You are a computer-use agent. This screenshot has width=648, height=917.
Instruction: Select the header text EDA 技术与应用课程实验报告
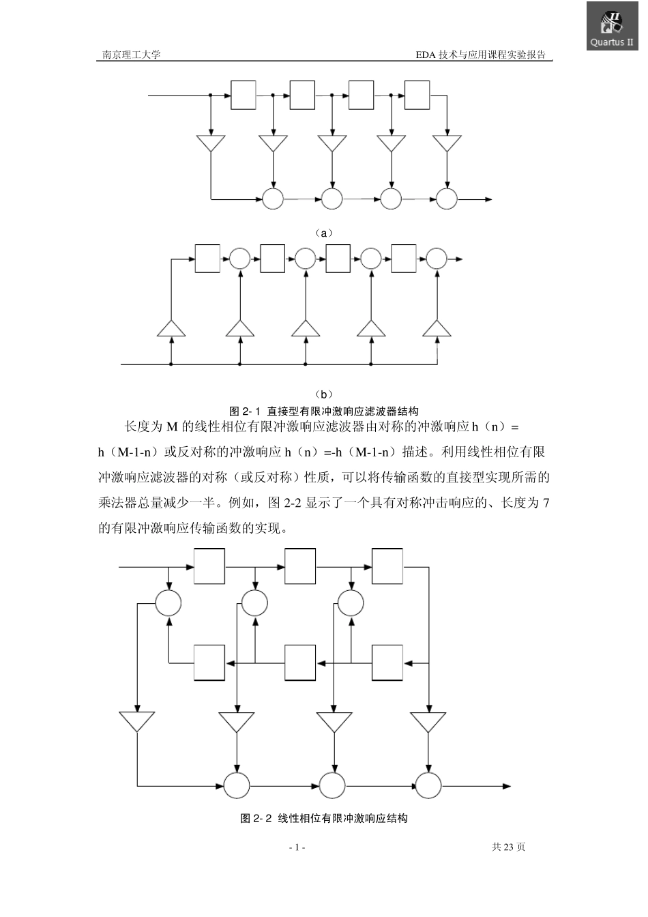click(x=481, y=55)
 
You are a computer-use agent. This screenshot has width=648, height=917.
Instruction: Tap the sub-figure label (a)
click(x=325, y=233)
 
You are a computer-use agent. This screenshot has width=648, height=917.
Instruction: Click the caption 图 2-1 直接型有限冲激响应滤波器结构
click(x=324, y=411)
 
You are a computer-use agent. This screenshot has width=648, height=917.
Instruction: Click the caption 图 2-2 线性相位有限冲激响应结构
click(x=324, y=818)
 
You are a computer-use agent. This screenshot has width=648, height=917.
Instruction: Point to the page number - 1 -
click(x=297, y=847)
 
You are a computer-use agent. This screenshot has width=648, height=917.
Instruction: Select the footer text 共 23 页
click(x=508, y=847)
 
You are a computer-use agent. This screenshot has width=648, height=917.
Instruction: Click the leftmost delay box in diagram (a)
click(x=244, y=95)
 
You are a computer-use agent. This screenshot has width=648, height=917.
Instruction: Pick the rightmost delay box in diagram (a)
click(x=417, y=95)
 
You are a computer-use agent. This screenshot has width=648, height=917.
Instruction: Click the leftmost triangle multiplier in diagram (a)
click(x=211, y=144)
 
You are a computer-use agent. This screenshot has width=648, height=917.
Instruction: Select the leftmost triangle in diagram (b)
click(x=171, y=328)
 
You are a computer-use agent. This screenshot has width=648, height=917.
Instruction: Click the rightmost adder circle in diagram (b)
click(x=437, y=259)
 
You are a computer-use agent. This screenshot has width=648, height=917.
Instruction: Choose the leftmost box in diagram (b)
click(x=208, y=259)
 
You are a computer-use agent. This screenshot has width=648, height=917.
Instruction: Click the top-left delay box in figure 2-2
click(x=209, y=566)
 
